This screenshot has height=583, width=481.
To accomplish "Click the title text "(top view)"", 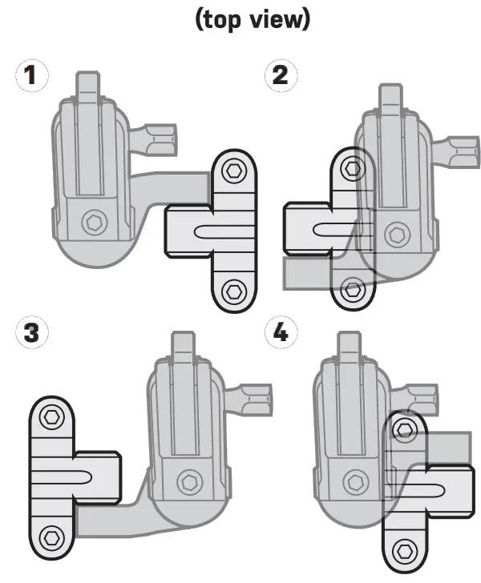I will pyautogui.click(x=252, y=19).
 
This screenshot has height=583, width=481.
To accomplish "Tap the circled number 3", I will pyautogui.click(x=30, y=332).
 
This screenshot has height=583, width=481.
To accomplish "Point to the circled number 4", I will pyautogui.click(x=280, y=332).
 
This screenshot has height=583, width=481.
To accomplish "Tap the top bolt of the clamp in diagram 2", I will pyautogui.click(x=351, y=168).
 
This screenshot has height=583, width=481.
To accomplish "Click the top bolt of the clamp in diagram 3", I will pyautogui.click(x=52, y=416).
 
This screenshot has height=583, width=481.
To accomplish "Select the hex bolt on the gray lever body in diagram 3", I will pyautogui.click(x=190, y=480).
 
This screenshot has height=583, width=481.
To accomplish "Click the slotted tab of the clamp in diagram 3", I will pyautogui.click(x=98, y=476).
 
